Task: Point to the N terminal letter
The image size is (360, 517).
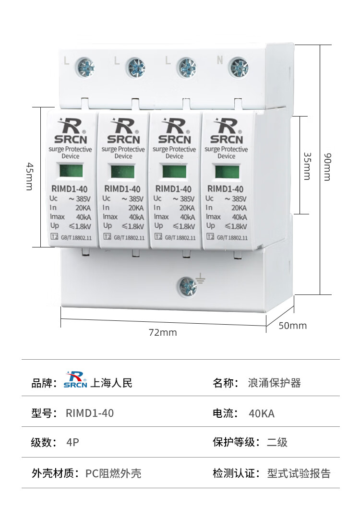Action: click(220, 60)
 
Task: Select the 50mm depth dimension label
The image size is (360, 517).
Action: click(292, 326)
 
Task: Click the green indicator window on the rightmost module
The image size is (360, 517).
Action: click(226, 171)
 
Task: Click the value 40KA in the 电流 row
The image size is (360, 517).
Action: click(262, 413)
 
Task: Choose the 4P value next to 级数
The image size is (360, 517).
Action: click(72, 442)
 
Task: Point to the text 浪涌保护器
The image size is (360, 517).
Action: click(274, 383)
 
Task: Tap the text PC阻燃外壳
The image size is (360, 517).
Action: click(113, 473)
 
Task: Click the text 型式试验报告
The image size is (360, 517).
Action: click(299, 473)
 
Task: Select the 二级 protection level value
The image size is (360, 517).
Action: click(277, 442)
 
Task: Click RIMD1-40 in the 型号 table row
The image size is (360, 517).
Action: click(90, 413)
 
